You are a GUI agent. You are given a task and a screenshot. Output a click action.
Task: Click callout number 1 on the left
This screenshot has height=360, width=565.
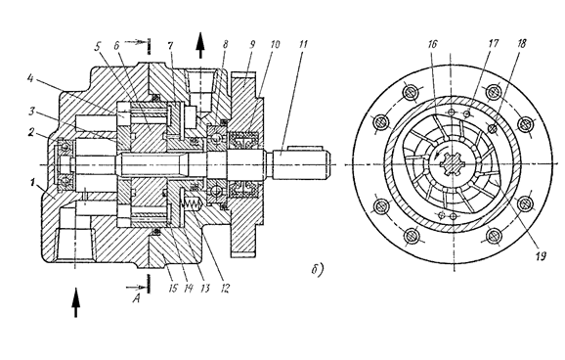coord(33,183)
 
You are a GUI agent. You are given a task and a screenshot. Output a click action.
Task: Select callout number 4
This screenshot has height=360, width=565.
coord(31,78)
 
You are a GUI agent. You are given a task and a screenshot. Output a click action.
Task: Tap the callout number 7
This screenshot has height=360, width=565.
coord(170,45)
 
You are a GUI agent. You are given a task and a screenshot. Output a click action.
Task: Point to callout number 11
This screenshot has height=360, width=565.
coord(303,44)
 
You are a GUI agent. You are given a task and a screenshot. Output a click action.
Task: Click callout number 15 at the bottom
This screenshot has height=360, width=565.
coord(173,289)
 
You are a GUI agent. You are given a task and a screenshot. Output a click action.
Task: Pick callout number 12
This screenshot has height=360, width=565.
coord(225,289)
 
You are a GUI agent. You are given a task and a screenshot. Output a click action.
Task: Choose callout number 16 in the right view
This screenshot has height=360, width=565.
coord(432,44)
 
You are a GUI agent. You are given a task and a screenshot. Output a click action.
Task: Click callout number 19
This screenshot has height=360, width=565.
coord(541,256)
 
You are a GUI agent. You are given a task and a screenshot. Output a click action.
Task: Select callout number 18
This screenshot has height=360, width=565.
coord(521,43)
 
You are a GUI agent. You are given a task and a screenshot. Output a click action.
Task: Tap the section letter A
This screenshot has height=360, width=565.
coord(136,298)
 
